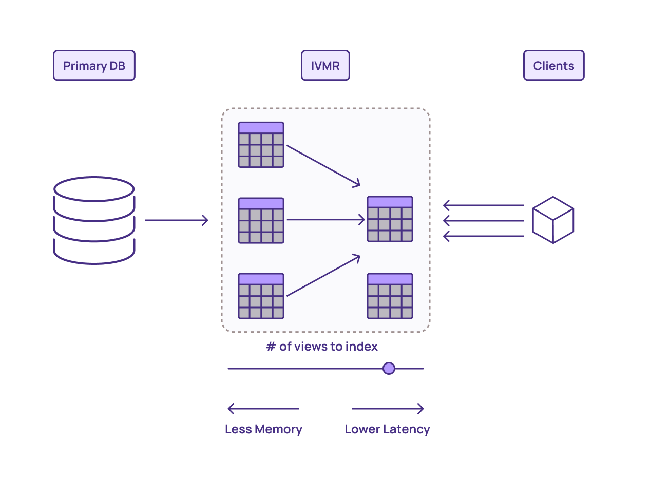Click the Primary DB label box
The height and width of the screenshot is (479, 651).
(94, 66)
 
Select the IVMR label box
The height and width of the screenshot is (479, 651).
(325, 66)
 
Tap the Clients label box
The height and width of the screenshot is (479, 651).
(553, 66)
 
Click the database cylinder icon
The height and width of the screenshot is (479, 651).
(94, 220)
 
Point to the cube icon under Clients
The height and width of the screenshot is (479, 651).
(553, 220)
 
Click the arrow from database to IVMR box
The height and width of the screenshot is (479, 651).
(177, 220)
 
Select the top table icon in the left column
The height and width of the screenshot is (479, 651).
(261, 145)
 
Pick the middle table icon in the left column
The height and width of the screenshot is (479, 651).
(261, 220)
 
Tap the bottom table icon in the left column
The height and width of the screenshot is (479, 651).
(261, 296)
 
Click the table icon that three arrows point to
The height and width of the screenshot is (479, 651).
(390, 219)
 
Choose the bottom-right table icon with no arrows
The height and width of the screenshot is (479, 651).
(390, 296)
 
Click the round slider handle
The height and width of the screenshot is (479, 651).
(389, 368)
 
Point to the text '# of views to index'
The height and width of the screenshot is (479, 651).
(322, 347)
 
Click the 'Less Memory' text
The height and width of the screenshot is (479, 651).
(263, 429)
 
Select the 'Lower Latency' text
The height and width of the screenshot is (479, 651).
(387, 429)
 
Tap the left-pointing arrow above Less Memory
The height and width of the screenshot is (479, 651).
(263, 409)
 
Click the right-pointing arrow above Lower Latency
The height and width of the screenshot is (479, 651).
(388, 409)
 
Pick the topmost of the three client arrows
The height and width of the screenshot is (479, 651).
(483, 205)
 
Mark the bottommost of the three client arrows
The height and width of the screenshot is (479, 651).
(483, 236)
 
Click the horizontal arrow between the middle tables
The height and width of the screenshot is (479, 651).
(325, 220)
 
